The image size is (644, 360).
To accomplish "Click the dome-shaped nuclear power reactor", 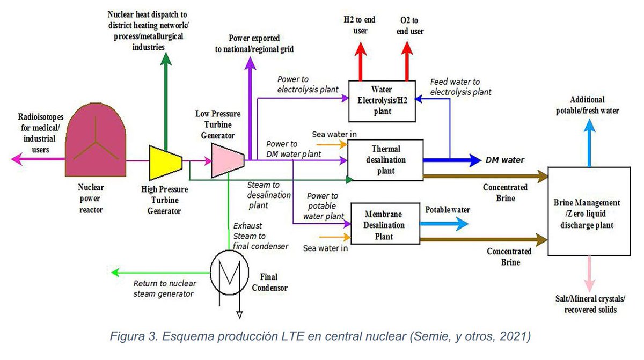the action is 96,140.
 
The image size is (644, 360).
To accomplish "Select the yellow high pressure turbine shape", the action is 166,163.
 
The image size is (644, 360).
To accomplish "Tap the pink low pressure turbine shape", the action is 228,160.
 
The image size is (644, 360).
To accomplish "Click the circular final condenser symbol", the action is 229,273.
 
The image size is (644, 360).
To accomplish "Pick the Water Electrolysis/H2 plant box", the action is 382,101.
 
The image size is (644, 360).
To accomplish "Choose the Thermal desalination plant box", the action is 385,160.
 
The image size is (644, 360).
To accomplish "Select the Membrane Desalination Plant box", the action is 385,224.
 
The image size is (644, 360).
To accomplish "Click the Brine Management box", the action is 589,211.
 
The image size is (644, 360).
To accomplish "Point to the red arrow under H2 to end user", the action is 360,61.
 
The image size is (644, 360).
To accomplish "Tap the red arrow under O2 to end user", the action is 407,61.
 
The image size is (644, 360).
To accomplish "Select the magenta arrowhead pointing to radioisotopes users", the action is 17,159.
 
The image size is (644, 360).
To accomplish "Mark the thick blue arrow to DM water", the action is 452,160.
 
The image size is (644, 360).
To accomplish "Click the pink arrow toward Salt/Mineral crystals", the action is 589,274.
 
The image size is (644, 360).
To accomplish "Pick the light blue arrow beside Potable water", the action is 444,224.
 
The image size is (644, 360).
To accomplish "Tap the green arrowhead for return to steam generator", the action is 115,273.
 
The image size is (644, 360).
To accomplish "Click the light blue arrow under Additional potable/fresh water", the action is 589,143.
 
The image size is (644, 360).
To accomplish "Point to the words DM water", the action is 505,160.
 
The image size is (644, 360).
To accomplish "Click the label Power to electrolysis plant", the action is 308,84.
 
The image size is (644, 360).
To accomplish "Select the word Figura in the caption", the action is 127,336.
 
